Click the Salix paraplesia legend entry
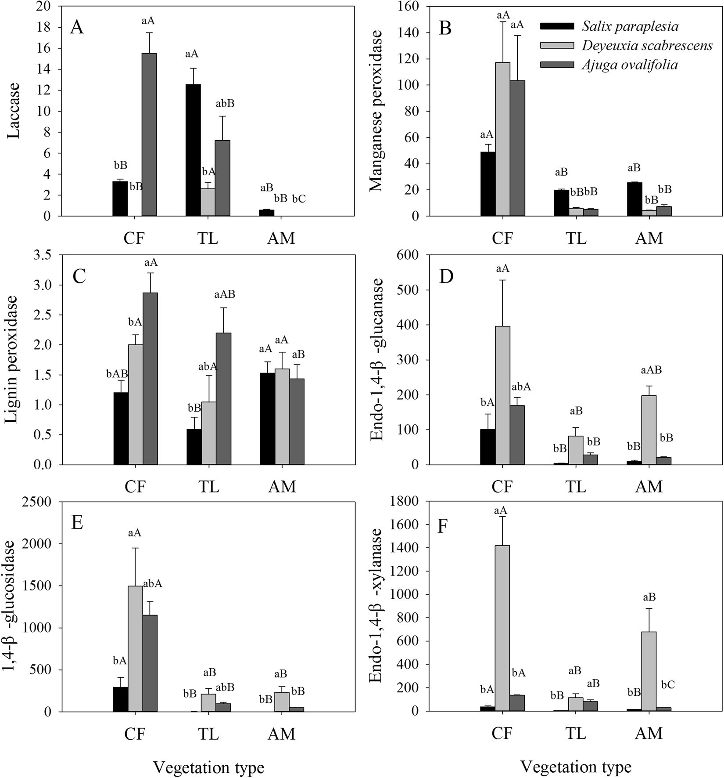click(x=630, y=26)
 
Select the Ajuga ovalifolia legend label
click(x=630, y=65)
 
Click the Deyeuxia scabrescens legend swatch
click(x=557, y=46)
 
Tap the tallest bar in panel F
click(x=502, y=628)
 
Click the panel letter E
click(x=77, y=524)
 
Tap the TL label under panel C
click(x=209, y=486)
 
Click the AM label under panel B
click(x=649, y=238)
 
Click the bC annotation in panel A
click(x=299, y=199)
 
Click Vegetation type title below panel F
click(x=576, y=767)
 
